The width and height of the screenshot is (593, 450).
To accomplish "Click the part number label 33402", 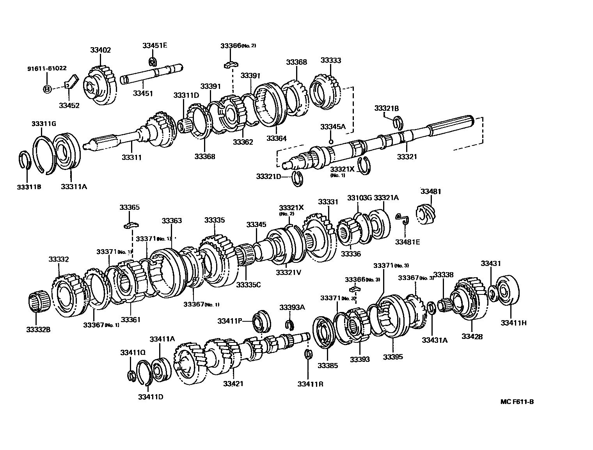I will pyautogui.click(x=100, y=50).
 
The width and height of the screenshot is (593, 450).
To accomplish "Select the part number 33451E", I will pyautogui.click(x=154, y=45).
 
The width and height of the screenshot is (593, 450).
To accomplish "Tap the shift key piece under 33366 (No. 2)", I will pyautogui.click(x=231, y=64).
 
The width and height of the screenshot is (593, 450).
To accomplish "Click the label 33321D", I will pyautogui.click(x=268, y=176).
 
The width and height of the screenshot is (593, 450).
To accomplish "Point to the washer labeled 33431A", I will pyautogui.click(x=431, y=308).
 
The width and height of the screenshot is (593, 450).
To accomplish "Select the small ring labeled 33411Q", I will pyautogui.click(x=131, y=376).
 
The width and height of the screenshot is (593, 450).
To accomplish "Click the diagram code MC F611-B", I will pyautogui.click(x=517, y=402).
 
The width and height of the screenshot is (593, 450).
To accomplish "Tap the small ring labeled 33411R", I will pyautogui.click(x=308, y=354).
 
